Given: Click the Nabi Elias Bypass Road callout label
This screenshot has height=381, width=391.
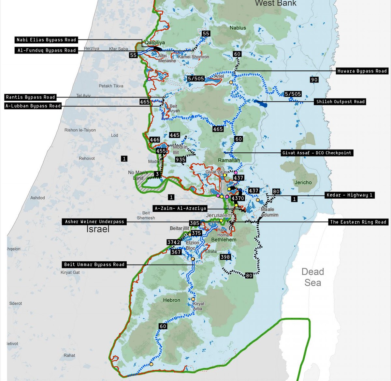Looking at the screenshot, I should [x=47, y=40].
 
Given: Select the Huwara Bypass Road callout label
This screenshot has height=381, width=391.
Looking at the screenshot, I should [x=362, y=71].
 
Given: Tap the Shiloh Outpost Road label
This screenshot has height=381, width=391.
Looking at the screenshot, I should [x=340, y=101].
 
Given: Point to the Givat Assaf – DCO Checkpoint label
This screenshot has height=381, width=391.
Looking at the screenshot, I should [x=317, y=153].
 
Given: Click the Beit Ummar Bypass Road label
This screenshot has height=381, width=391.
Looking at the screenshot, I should [x=94, y=265].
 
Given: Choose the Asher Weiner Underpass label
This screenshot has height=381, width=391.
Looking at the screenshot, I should [x=94, y=221].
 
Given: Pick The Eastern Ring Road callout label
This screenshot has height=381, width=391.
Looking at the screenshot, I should [x=358, y=222].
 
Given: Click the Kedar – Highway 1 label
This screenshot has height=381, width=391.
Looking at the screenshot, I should [x=350, y=195].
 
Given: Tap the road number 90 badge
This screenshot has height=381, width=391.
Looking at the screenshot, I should [x=314, y=80].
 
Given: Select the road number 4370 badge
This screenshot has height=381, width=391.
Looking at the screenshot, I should [x=238, y=198].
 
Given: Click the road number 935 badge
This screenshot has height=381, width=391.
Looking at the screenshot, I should [x=181, y=160].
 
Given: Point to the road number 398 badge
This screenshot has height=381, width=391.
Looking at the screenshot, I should [x=225, y=257].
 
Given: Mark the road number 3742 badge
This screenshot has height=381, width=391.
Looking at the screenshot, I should [x=174, y=242].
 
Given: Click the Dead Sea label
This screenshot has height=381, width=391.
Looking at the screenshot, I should [x=312, y=277].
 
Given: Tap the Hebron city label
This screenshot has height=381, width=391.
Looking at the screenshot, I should [x=171, y=300].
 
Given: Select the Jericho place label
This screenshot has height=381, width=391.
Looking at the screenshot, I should [x=303, y=182].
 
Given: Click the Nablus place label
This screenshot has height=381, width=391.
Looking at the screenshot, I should [x=238, y=28].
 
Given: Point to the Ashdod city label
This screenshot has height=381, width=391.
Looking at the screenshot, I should [x=37, y=198].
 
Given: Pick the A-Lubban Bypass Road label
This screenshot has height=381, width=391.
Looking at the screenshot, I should [x=33, y=106].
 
